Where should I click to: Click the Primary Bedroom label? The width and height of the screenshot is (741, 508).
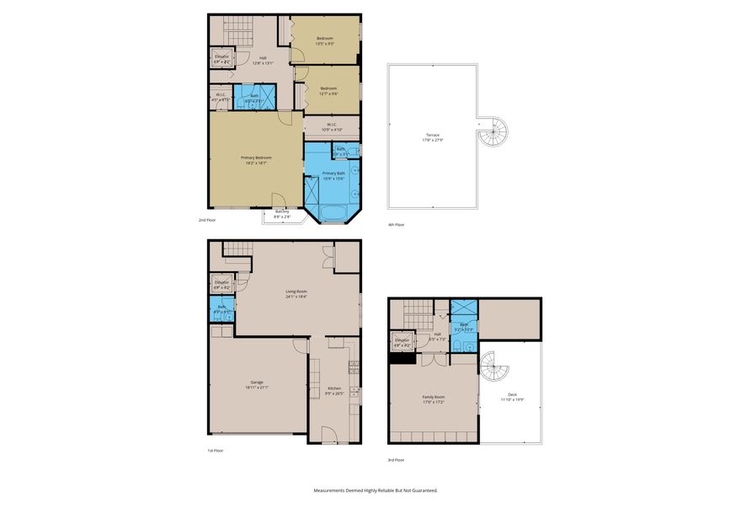(256, 160)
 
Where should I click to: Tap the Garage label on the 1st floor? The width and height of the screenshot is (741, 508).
(256, 385)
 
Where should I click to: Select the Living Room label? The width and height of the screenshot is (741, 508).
(296, 294)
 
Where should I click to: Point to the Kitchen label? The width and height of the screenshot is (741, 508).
(335, 391)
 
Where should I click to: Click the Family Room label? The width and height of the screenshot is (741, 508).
(434, 399)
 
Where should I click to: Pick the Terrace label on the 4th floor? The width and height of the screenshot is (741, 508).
(432, 137)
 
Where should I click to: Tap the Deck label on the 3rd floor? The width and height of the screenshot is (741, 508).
(512, 398)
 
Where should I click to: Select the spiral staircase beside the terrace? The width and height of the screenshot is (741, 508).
(495, 131)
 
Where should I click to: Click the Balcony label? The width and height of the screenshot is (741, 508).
(283, 214)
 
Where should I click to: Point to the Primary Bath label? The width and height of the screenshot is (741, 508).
(333, 175)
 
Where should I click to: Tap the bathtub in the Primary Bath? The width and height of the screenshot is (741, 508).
(335, 211)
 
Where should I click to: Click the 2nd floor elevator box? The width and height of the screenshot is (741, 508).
(222, 59)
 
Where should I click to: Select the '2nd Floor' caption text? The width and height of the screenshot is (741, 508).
(207, 220)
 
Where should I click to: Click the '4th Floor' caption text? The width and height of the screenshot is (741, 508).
(396, 225)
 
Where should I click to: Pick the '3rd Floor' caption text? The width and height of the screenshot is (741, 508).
(396, 460)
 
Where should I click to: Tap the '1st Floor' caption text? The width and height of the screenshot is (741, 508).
(216, 451)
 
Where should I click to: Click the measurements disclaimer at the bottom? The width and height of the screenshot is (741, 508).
(376, 490)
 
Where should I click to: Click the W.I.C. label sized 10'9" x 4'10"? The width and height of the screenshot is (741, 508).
(332, 128)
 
